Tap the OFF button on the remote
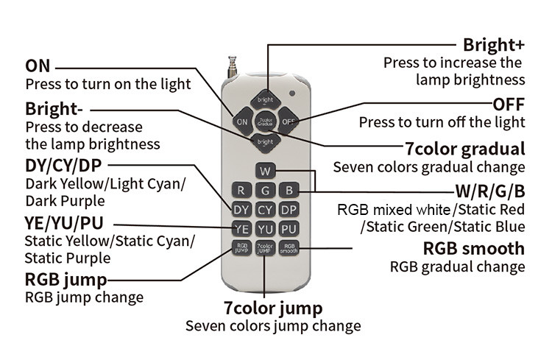pyautogui.click(x=288, y=120)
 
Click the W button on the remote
pyautogui.click(x=266, y=171)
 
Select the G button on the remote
pyautogui.click(x=266, y=191)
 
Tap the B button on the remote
pyautogui.click(x=289, y=191)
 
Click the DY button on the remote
pyautogui.click(x=242, y=210)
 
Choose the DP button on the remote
pyautogui.click(x=289, y=210)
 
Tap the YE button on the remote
pyautogui.click(x=242, y=229)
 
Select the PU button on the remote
pyautogui.click(x=289, y=229)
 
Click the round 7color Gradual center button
pyautogui.click(x=265, y=120)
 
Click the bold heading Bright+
pyautogui.click(x=493, y=45)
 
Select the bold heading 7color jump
pyautogui.click(x=273, y=307)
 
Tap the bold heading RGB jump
pyautogui.click(x=66, y=279)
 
